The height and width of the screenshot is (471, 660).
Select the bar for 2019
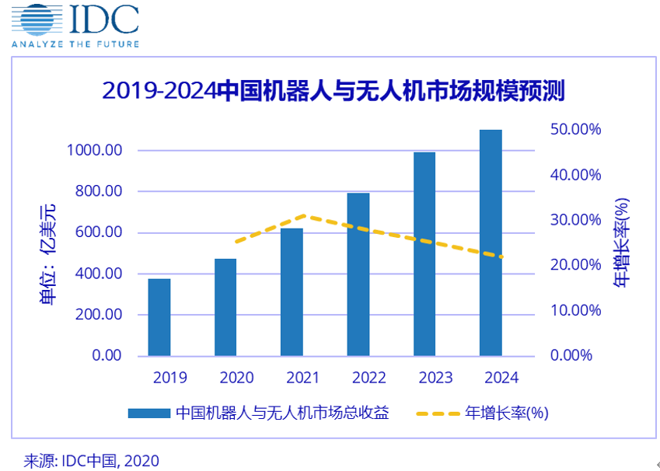(x=159, y=317)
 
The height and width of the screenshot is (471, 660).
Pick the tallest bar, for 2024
(x=491, y=242)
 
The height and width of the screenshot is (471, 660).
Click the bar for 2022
(x=358, y=274)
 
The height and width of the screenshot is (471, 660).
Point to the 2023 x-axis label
(x=435, y=378)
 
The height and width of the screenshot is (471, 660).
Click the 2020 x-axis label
(x=236, y=378)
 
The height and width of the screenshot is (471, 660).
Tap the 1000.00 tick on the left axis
(x=96, y=150)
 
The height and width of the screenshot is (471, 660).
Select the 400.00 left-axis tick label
(x=99, y=274)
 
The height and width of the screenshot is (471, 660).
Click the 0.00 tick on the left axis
(x=107, y=355)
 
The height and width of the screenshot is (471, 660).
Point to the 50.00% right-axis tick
(x=576, y=129)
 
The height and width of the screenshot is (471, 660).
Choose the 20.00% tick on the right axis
(x=576, y=265)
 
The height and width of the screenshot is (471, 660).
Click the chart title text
(x=333, y=91)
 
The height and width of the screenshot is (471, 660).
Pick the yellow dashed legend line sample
(x=438, y=413)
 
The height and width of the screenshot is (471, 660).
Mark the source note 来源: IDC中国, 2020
(x=91, y=460)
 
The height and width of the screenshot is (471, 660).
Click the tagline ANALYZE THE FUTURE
(x=75, y=44)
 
